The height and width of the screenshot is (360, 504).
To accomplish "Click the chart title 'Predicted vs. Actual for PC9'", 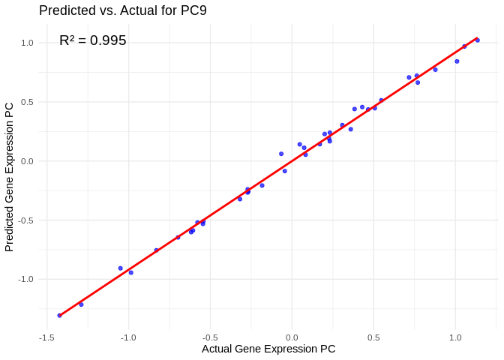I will click(123, 10).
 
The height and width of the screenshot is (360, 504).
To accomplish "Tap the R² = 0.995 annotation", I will click(93, 40).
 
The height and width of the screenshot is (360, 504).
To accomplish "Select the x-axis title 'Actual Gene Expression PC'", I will click(268, 349).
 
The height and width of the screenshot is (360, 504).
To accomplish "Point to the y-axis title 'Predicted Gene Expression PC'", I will click(9, 176).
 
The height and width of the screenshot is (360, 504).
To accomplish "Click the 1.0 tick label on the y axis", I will click(27, 43).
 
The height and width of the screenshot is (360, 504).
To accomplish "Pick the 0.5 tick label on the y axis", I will click(27, 102).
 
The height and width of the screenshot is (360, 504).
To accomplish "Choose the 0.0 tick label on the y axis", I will click(27, 161).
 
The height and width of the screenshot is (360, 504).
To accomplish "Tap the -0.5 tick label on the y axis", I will click(25, 220).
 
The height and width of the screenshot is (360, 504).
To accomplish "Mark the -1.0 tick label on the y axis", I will click(25, 279).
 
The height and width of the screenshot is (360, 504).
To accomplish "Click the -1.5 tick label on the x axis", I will click(46, 337).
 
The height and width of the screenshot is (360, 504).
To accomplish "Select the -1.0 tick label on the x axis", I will click(128, 337).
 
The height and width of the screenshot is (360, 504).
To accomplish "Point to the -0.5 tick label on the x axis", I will click(210, 337).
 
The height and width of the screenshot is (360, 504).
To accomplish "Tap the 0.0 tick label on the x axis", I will click(292, 337).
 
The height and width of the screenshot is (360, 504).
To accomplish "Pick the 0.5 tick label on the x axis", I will click(373, 337).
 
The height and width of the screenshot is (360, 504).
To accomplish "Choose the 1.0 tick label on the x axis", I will click(455, 337).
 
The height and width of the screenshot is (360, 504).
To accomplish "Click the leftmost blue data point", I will click(59, 315).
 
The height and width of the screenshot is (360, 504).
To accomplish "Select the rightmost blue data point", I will click(478, 40).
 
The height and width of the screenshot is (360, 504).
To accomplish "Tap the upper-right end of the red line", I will click(477, 37).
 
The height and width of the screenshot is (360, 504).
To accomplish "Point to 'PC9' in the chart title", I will click(192, 10).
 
